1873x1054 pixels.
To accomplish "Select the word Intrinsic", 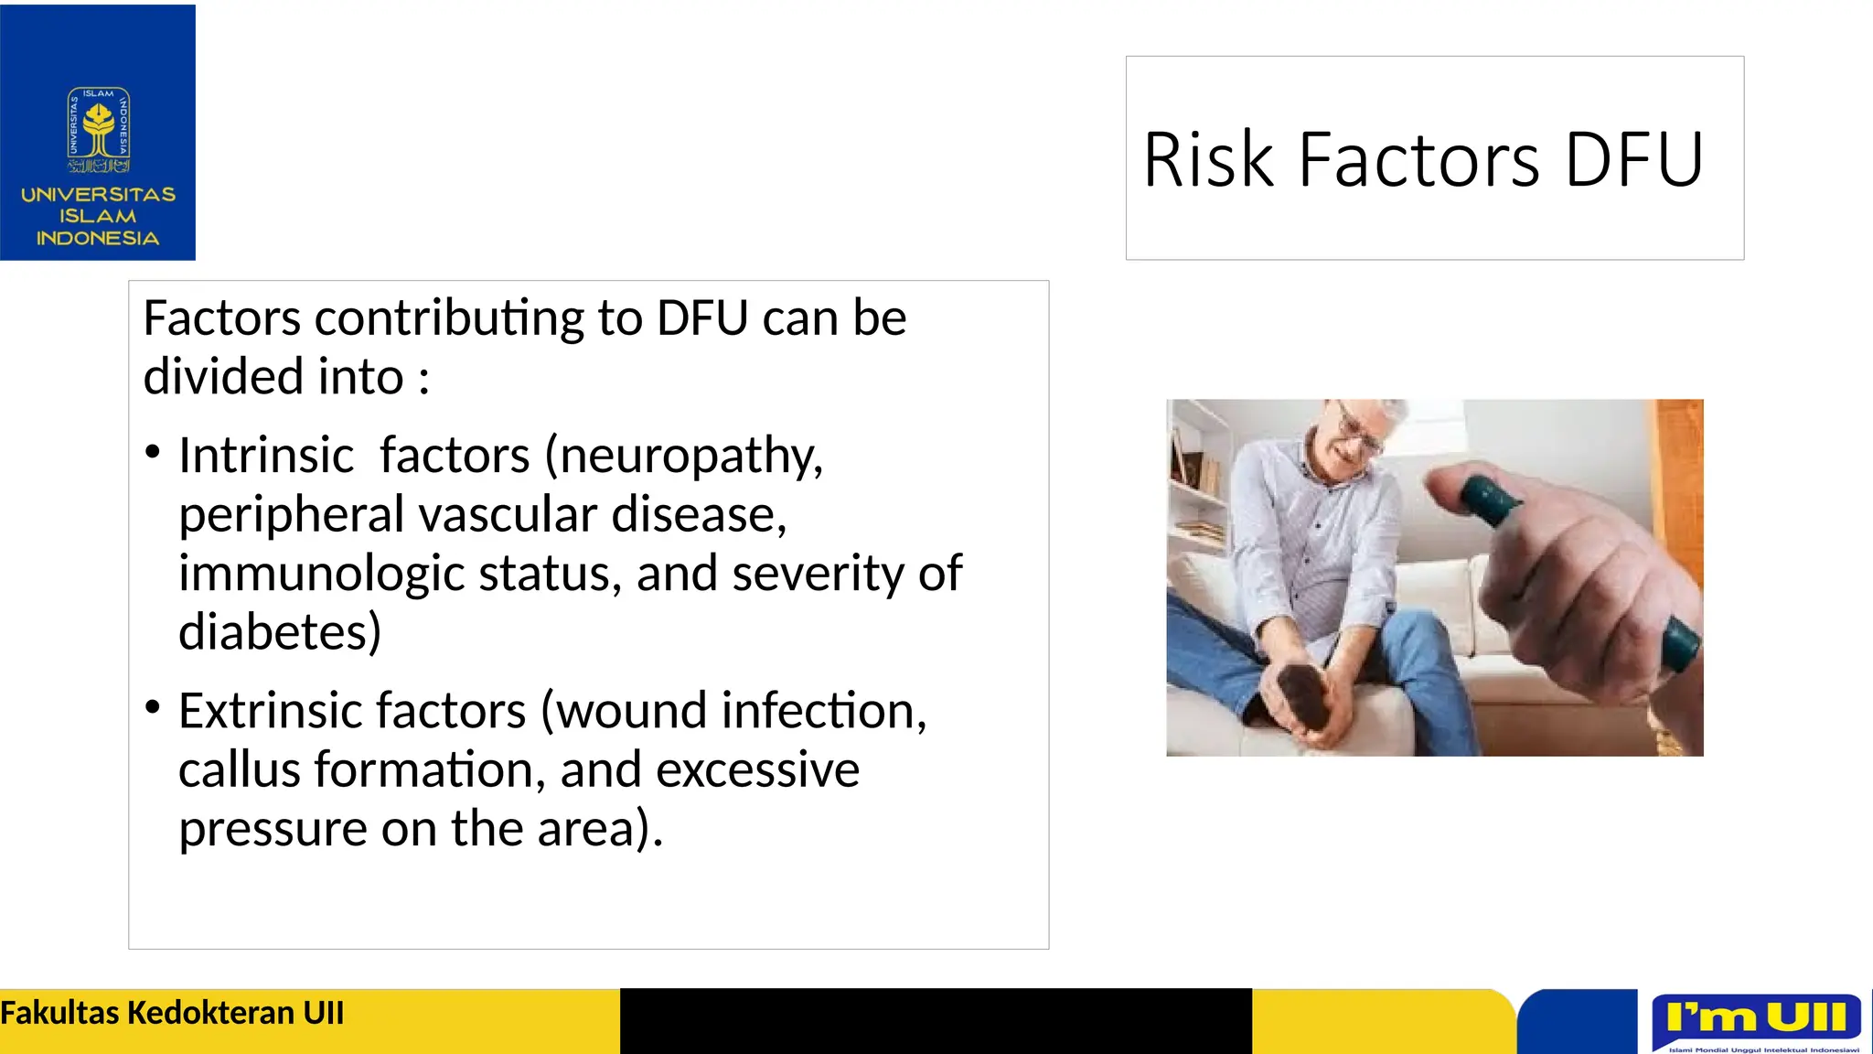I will pyautogui.click(x=266, y=455).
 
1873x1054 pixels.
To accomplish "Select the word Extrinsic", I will pyautogui.click(x=265, y=711).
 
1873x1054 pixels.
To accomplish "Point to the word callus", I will pyautogui.click(x=240, y=769).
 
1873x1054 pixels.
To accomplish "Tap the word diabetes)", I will pyautogui.click(x=280, y=632).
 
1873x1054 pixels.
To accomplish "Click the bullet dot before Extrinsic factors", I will pyautogui.click(x=153, y=706).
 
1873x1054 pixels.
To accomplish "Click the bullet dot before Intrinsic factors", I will pyautogui.click(x=153, y=451).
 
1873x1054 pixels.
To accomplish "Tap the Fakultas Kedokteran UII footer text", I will pyautogui.click(x=172, y=1014).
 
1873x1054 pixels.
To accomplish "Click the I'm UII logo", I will pyautogui.click(x=1757, y=1019).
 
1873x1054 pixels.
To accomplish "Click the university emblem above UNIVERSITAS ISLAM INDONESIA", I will pyautogui.click(x=98, y=131).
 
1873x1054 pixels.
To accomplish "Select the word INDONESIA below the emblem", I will pyautogui.click(x=98, y=239).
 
